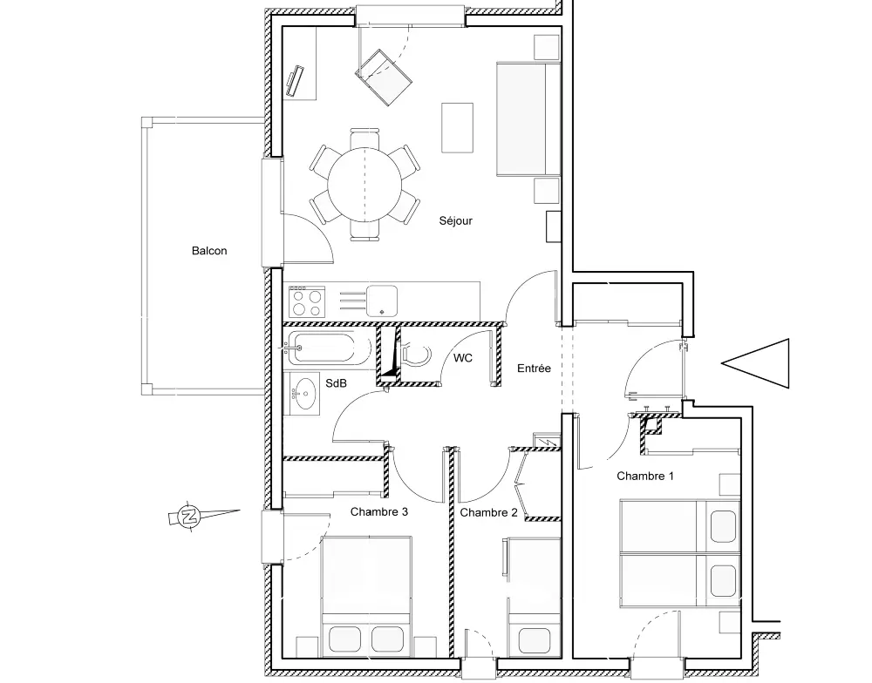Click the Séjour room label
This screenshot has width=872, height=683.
coord(455,220)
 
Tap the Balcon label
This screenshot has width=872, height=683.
coord(209,251)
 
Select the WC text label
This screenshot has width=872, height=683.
coord(463,358)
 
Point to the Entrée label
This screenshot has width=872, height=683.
coord(534,368)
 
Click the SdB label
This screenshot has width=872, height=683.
coord(336,383)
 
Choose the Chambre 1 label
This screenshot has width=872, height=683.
coord(645,476)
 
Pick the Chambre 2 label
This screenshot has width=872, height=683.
coord(488,512)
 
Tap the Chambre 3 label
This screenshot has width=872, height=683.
coord(378,511)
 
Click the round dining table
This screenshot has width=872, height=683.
coord(364,185)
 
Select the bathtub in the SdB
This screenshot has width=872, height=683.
coord(328,348)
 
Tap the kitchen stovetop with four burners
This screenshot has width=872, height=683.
coord(307,301)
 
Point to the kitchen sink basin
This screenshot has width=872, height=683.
coord(382,301)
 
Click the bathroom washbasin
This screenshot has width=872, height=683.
coord(303,394)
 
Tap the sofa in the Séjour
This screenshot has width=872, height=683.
coord(528,119)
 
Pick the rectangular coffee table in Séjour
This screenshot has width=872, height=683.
coord(457,127)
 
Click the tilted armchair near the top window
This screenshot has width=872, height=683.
coord(384,78)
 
